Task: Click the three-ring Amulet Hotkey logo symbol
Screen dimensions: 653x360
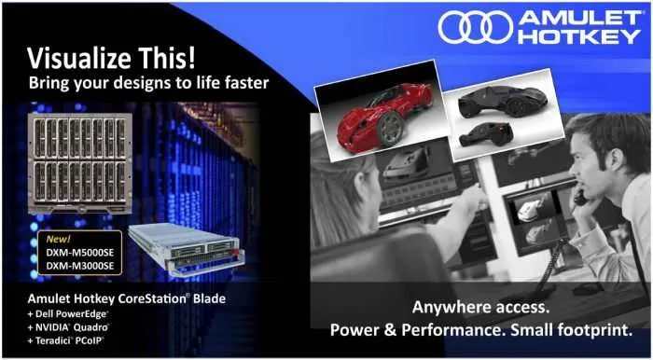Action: click(x=475, y=27)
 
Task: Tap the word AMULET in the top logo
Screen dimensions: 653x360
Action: click(x=579, y=18)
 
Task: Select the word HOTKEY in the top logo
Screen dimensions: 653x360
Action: click(x=579, y=36)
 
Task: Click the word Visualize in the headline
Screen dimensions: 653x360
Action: click(x=77, y=58)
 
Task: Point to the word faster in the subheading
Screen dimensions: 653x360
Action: click(x=247, y=82)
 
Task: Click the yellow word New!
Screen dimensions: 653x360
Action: click(x=58, y=239)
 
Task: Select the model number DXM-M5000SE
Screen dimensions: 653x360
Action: click(x=80, y=253)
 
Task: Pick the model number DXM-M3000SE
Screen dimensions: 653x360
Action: click(x=80, y=266)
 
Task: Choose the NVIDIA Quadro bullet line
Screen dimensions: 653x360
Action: click(x=68, y=327)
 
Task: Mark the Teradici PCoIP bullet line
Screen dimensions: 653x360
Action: click(x=66, y=340)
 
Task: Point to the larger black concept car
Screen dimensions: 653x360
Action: click(x=502, y=101)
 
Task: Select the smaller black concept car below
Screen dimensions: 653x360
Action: click(x=486, y=134)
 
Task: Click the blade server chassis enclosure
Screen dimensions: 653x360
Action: click(x=79, y=163)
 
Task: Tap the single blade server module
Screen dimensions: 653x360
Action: click(x=187, y=249)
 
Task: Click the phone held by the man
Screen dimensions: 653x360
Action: click(x=580, y=194)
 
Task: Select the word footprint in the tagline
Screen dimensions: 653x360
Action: click(x=597, y=330)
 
